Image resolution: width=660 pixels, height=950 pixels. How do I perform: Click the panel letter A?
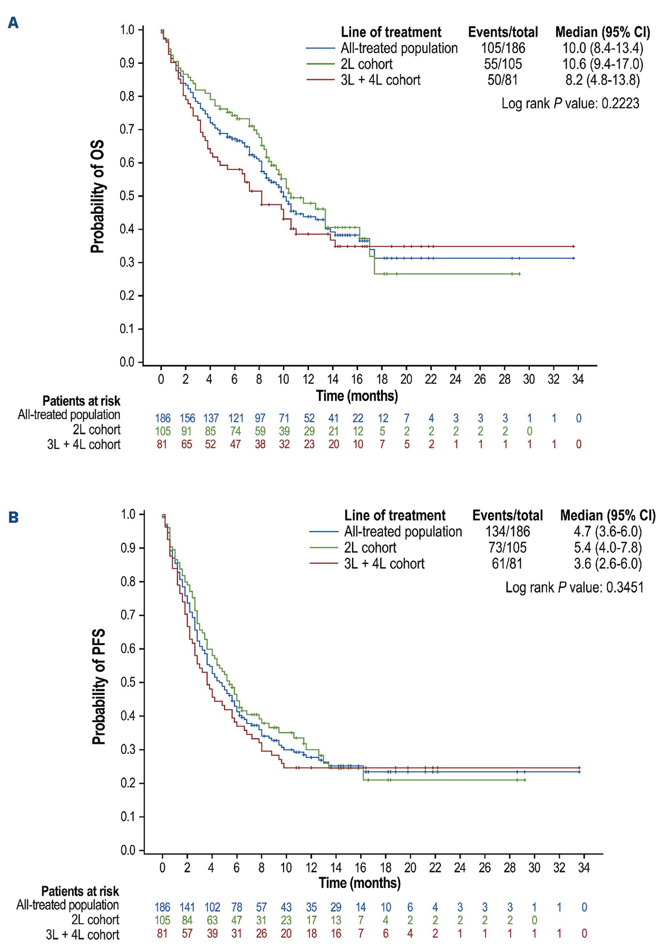(13, 23)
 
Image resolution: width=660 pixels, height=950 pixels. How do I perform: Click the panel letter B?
(13, 518)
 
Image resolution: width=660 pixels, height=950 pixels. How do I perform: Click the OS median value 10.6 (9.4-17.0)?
(603, 64)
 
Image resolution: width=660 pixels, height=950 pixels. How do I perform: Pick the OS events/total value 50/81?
(503, 80)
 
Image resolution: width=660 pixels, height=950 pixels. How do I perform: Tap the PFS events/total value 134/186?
(507, 532)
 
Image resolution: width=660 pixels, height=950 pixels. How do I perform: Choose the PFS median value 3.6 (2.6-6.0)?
(607, 563)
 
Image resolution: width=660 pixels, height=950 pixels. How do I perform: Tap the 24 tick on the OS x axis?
(455, 379)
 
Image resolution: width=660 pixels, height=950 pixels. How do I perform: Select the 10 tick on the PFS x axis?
(286, 867)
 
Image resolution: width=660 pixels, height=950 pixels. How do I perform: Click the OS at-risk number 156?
(187, 418)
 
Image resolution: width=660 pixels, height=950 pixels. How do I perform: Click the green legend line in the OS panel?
(320, 64)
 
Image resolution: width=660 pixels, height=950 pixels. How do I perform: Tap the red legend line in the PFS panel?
(324, 563)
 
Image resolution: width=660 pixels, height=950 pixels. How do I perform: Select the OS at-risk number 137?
(211, 418)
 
